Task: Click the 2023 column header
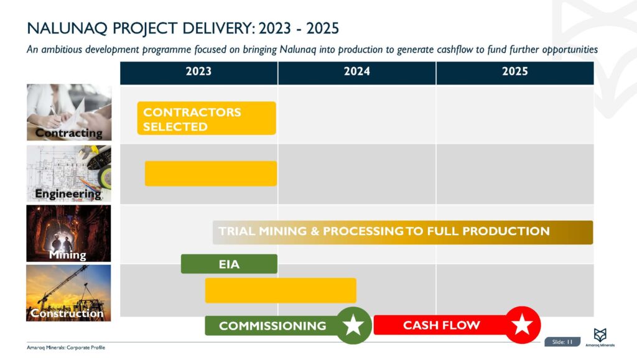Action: click(x=198, y=72)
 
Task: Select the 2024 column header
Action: click(x=356, y=72)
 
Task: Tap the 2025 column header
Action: click(x=514, y=72)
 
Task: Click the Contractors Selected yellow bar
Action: click(x=206, y=119)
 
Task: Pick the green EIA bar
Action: click(x=229, y=264)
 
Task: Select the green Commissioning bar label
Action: click(x=272, y=326)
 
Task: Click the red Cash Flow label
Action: click(x=441, y=325)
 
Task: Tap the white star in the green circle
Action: click(x=354, y=325)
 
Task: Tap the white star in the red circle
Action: click(x=522, y=325)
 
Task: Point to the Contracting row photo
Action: click(x=68, y=112)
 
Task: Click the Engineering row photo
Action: click(x=68, y=173)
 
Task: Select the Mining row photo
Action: click(x=68, y=233)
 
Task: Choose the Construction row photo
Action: click(x=68, y=293)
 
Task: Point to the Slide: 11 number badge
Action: click(x=562, y=341)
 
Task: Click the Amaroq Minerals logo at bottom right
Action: click(x=600, y=336)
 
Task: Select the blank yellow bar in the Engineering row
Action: click(x=210, y=173)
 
